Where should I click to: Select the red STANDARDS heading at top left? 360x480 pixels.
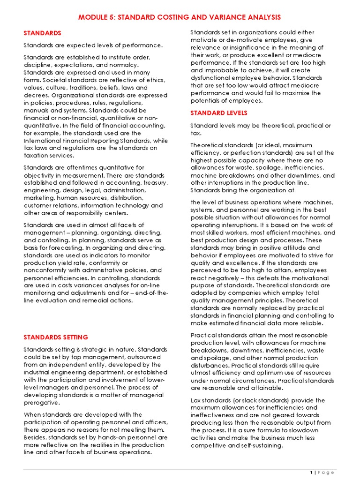coord(43,33)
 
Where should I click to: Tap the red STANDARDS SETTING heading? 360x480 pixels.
coord(56,337)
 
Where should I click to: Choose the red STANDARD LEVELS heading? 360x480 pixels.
coord(219,113)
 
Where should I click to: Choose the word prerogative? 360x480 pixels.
coord(42,403)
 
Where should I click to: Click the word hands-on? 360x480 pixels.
coord(105,437)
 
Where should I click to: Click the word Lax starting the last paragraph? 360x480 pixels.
coord(196,400)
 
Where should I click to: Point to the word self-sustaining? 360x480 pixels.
coord(258,446)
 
